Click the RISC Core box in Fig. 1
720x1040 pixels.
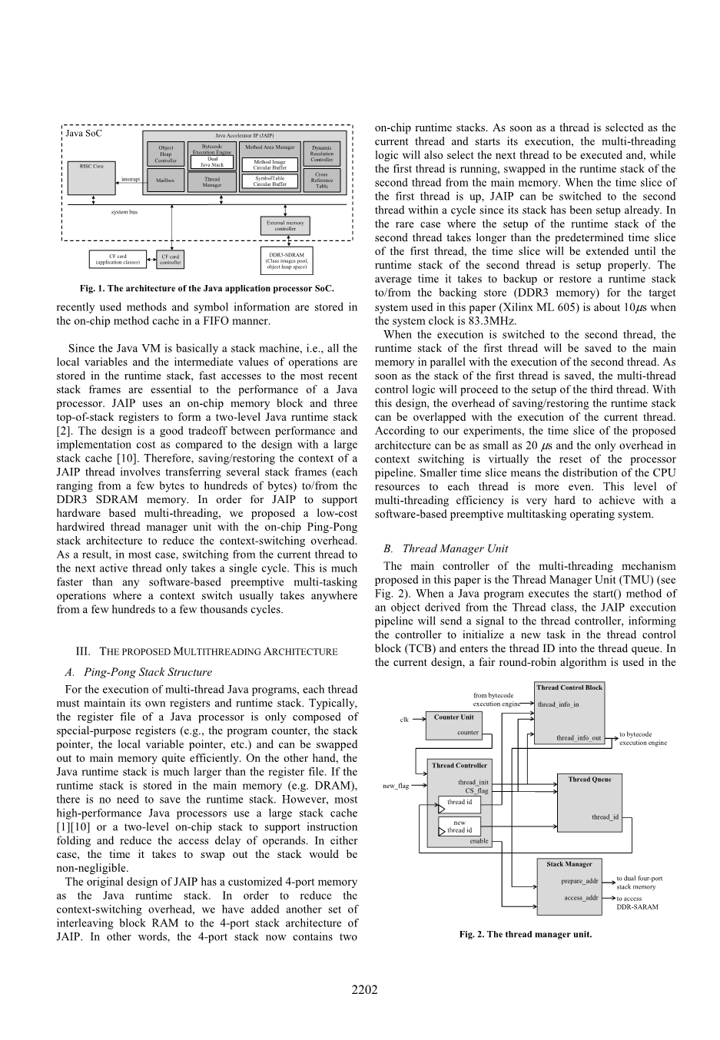tap(91, 177)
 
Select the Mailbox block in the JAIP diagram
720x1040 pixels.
tap(165, 181)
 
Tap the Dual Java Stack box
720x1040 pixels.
tap(212, 162)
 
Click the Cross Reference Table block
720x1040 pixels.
tap(321, 181)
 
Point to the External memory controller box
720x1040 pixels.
tap(285, 226)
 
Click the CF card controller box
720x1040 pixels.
tap(170, 260)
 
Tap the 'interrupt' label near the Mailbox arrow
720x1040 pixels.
tap(131, 179)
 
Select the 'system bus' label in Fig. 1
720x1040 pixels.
tap(124, 212)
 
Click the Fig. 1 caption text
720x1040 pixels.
tap(207, 289)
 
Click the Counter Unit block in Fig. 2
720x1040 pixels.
tap(453, 724)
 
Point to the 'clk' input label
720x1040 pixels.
tap(404, 720)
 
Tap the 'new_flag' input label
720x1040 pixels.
tap(396, 786)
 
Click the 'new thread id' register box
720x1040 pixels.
tap(460, 826)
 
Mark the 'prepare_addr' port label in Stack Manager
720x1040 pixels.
tap(579, 881)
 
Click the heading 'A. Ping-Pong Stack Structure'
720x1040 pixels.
tap(138, 672)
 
